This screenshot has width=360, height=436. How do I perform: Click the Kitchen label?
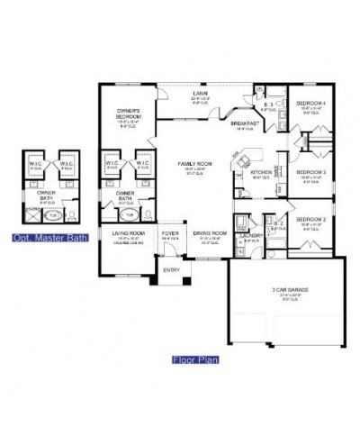point(262,172)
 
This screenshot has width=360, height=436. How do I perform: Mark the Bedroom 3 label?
point(311,171)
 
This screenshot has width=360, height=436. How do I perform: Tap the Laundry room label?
point(251,236)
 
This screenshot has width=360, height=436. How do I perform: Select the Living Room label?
point(127,232)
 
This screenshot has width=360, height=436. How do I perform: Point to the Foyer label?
point(170,232)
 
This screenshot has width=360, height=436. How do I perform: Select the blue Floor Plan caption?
point(190,359)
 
